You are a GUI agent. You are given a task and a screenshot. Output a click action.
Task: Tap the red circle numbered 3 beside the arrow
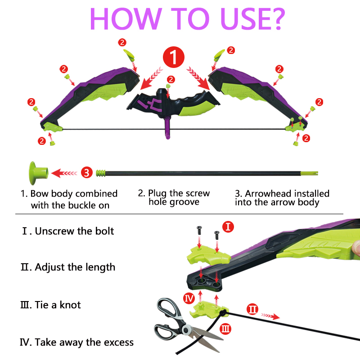coord(87,172)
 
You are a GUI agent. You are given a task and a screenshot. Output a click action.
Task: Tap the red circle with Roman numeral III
coord(226,329)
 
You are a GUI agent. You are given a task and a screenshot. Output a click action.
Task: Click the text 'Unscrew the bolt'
coord(75,231)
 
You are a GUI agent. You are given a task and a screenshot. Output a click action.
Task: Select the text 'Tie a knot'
coord(58,305)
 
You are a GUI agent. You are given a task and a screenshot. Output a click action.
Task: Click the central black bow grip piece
coord(171,101)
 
